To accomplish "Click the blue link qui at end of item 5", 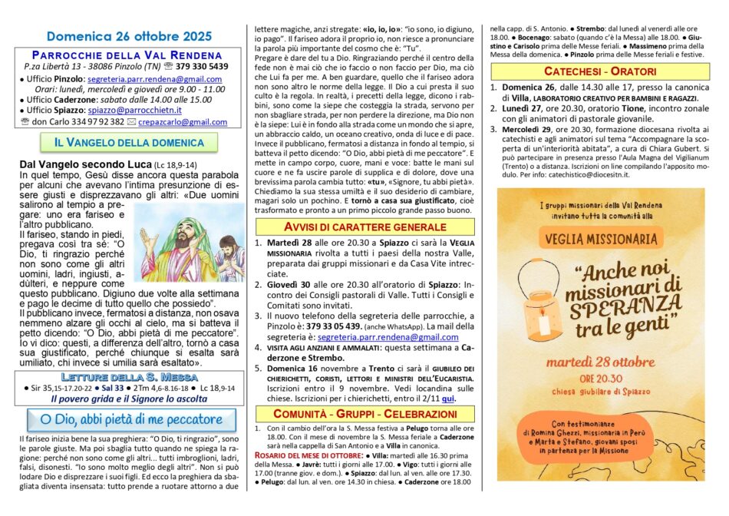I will click(449, 399).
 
